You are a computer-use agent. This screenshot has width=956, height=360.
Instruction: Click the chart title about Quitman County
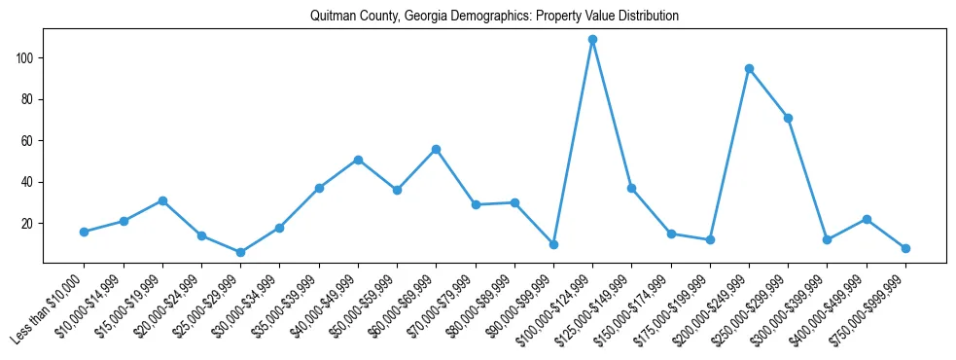tap(494, 17)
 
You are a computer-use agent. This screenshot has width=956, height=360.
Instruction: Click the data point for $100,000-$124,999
tap(592, 40)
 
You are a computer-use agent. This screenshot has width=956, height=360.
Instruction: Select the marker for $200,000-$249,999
tap(749, 68)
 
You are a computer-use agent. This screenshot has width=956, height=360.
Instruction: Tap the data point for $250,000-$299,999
tap(788, 118)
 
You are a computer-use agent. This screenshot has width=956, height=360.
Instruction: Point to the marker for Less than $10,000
tap(85, 232)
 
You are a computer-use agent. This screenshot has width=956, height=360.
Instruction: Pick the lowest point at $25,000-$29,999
tap(240, 252)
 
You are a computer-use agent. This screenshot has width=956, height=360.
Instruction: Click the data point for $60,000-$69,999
tap(436, 149)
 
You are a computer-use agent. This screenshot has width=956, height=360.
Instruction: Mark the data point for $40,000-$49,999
tap(358, 160)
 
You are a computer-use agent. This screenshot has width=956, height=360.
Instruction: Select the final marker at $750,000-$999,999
tap(905, 248)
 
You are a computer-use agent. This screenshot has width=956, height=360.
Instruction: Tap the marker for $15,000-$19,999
tap(162, 200)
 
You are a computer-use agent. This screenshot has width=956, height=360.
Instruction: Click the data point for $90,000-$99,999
tap(553, 244)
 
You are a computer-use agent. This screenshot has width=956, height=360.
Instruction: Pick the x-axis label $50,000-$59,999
tap(362, 306)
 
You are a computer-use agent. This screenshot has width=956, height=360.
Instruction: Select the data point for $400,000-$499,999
tap(867, 219)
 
